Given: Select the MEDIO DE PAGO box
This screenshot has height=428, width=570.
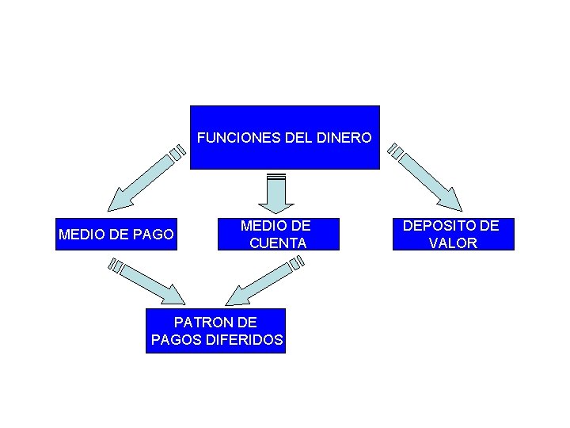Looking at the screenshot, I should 116,235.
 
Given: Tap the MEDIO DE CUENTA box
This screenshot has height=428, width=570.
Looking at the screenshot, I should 278,235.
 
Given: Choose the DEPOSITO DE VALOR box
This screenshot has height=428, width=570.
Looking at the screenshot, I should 453,235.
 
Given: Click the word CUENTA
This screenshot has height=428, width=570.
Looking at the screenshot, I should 278,243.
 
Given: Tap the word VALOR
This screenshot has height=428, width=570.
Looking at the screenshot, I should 453,243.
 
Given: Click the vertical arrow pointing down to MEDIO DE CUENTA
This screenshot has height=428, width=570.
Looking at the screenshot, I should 276,193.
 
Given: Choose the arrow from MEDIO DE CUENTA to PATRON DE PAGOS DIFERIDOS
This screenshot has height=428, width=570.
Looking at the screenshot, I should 260,284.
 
